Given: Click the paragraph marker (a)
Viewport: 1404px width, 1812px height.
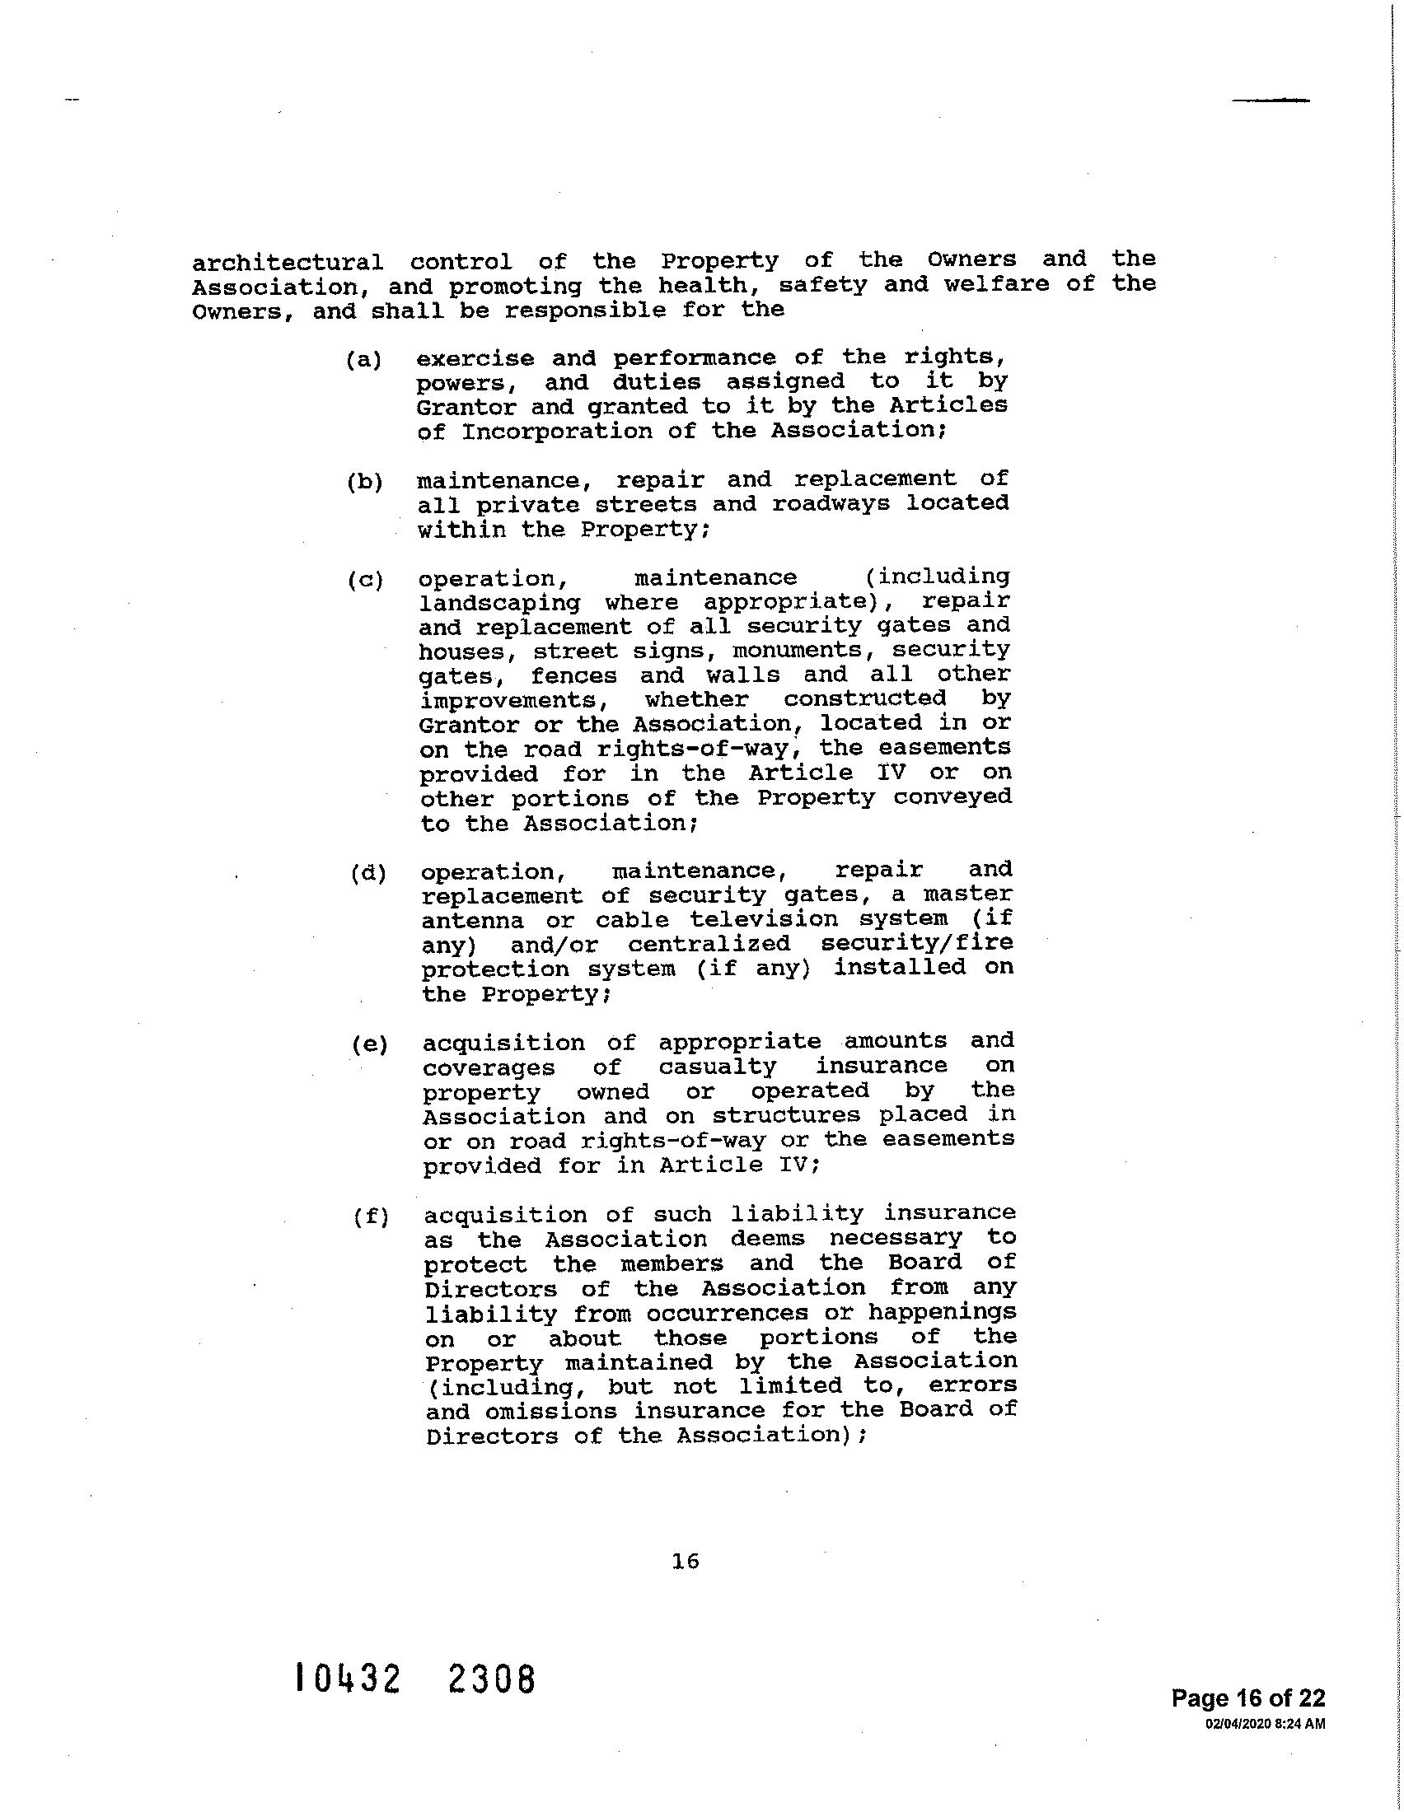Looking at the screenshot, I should click(363, 360).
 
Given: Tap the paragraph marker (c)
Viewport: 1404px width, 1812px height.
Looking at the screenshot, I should click(365, 580).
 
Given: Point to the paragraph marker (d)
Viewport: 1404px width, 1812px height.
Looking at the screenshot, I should click(367, 874).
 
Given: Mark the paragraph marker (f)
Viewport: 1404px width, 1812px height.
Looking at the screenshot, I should click(370, 1218).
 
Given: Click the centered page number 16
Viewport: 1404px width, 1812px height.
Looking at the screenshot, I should click(686, 1562).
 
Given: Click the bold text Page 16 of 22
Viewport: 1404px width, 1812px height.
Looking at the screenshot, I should click(1248, 1698).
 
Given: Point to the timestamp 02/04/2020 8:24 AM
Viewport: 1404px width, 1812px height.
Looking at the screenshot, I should click(1265, 1724).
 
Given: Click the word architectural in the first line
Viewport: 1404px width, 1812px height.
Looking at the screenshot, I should click(288, 263).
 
